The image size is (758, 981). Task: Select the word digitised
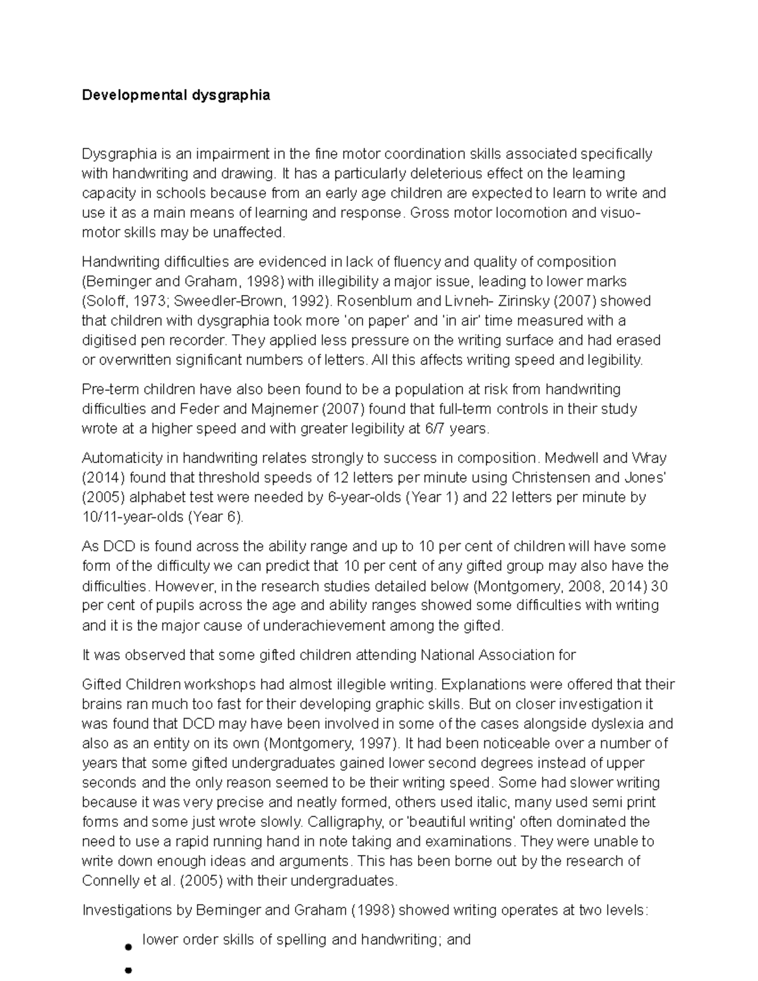[x=109, y=340]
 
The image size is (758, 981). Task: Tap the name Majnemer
[x=286, y=409]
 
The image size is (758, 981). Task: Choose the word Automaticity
[x=123, y=458]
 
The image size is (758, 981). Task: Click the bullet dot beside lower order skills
[x=128, y=948]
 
